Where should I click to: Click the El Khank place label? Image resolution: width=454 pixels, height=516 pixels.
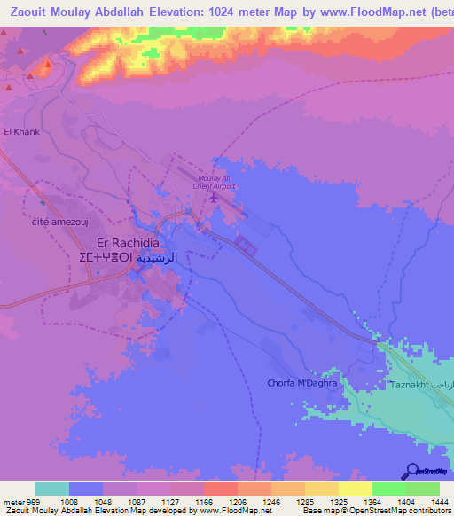(x=22, y=132)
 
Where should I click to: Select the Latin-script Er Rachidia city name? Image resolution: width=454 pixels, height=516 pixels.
(x=128, y=243)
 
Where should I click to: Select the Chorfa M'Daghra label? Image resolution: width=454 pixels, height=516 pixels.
(x=304, y=384)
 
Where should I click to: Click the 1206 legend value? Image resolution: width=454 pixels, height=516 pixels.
(x=221, y=501)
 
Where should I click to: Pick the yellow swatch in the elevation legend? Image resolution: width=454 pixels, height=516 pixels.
(x=356, y=489)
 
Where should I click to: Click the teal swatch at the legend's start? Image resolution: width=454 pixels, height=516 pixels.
(x=52, y=489)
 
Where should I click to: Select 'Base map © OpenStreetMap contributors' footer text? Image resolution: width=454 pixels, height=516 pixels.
(x=375, y=511)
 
